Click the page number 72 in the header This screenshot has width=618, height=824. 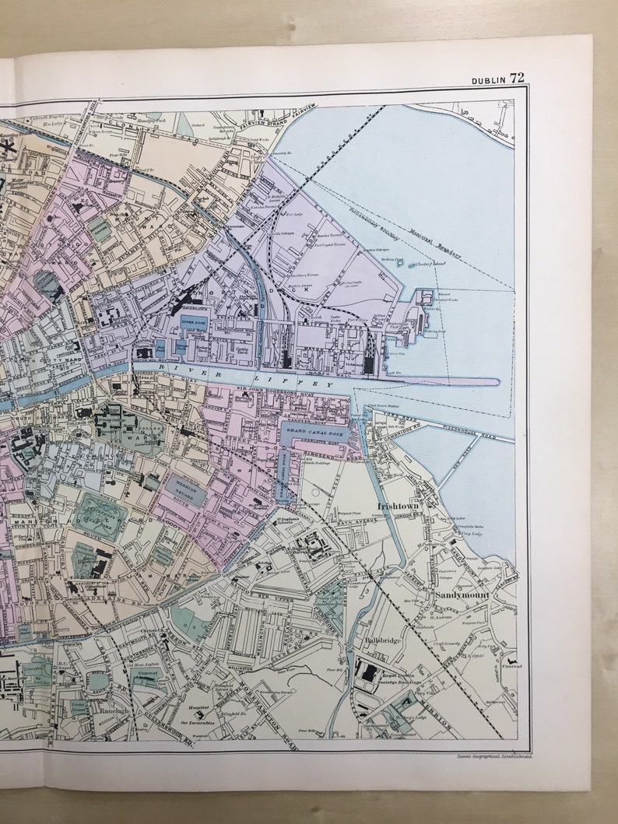tap(517, 78)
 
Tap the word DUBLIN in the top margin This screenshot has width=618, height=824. tap(489, 79)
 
